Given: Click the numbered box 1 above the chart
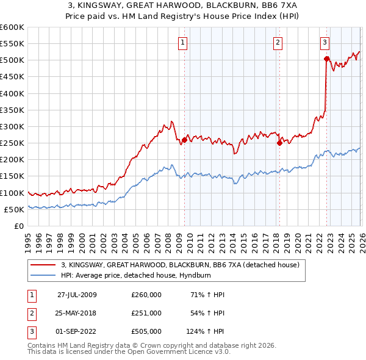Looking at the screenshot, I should tap(183, 42).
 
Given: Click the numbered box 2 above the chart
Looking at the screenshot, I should tap(278, 42).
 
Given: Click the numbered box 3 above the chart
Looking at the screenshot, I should tap(325, 42).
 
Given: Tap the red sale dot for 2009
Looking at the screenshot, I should tap(184, 140).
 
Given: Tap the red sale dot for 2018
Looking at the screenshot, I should tap(279, 143).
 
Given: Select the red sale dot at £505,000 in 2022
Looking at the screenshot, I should tap(326, 59).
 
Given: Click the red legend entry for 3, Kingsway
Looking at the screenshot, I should tap(179, 265).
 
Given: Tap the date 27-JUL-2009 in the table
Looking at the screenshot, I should tap(77, 295).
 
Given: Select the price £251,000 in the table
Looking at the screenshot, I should tap(146, 313).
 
